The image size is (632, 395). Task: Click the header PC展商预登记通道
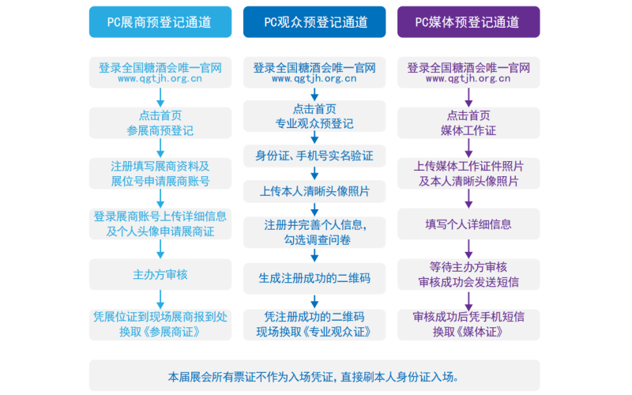point(160,22)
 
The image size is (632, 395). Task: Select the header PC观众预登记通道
point(314,22)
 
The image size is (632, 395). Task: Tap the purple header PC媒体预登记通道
point(468,22)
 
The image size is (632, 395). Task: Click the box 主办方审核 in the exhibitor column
point(160,275)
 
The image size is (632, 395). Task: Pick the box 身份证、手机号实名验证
point(314,154)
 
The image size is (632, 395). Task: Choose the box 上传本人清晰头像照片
point(314,191)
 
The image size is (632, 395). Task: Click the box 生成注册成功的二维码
point(314,278)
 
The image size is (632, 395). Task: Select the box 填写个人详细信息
point(468,224)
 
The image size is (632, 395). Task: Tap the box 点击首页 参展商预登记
point(160,122)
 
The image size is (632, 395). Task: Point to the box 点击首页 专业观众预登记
point(314,116)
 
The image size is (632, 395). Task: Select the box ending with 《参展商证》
point(160,324)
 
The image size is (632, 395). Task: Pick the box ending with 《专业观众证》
point(314,324)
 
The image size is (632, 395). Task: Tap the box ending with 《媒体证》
point(468,324)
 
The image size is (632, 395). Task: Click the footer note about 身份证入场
point(314,376)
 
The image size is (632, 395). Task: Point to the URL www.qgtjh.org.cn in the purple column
point(468,79)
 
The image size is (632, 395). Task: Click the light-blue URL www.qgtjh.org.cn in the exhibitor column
point(160,79)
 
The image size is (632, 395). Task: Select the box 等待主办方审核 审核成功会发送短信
point(468,273)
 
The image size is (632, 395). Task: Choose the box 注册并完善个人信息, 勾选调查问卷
point(314,233)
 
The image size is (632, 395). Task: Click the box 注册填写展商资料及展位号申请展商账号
point(160,173)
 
